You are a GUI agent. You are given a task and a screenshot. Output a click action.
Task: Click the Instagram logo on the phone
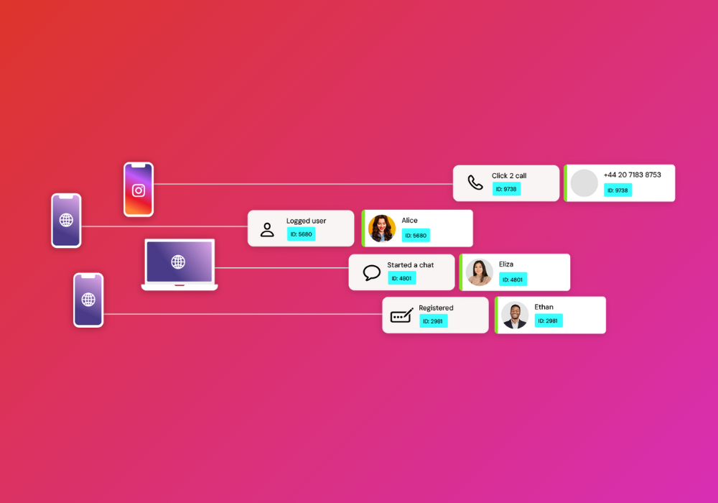tap(139, 190)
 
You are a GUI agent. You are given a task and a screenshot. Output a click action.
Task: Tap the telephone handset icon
tap(475, 183)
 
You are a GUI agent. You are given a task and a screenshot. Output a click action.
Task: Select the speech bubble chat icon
tap(371, 272)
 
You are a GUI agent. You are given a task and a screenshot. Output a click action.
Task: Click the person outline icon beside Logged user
tap(267, 229)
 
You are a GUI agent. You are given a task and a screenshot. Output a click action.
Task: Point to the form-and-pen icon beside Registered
tap(401, 315)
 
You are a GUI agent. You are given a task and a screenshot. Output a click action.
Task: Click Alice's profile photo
tap(382, 228)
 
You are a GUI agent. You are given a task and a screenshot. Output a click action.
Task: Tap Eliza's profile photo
tap(480, 272)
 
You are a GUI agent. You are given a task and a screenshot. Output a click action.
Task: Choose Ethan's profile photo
tap(515, 315)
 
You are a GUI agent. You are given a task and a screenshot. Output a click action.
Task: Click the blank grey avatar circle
tap(584, 183)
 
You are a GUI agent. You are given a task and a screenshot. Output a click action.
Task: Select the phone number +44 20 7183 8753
tap(632, 175)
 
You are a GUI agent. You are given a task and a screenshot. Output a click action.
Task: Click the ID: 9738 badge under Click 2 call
tap(506, 189)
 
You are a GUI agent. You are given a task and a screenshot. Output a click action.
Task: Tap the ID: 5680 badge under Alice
tap(416, 236)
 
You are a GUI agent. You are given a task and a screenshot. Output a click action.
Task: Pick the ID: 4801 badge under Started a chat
tap(401, 278)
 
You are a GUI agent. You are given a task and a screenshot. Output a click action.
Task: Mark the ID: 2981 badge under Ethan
tap(548, 320)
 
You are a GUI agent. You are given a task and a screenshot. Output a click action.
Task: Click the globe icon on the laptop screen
tap(178, 262)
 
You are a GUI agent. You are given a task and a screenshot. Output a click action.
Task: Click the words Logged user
tap(306, 221)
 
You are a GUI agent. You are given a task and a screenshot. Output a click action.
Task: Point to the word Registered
tap(436, 308)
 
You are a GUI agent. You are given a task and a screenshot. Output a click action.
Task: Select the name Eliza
tap(506, 264)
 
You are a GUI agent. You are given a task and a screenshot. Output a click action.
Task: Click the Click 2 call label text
tap(509, 175)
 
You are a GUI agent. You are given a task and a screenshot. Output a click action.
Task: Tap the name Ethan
tap(544, 307)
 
